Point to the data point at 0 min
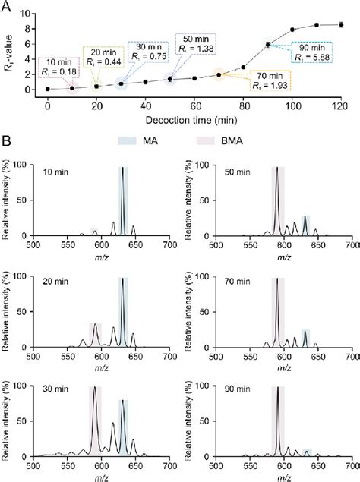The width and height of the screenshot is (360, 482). coord(47,89)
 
